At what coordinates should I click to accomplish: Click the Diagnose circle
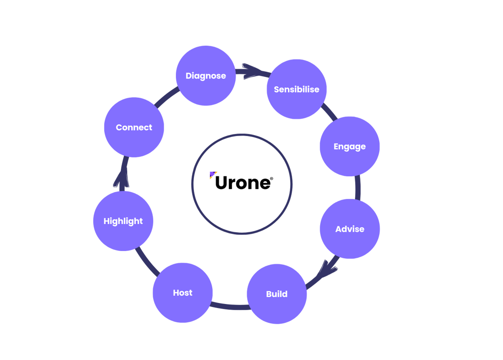pyautogui.click(x=206, y=76)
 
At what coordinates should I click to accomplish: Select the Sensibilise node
pyautogui.click(x=296, y=89)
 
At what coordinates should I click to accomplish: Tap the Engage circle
pyautogui.click(x=349, y=146)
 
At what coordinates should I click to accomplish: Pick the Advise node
pyautogui.click(x=350, y=229)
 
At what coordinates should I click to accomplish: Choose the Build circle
pyautogui.click(x=277, y=294)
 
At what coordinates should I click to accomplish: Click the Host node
pyautogui.click(x=182, y=293)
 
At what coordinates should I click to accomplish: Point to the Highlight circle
pyautogui.click(x=123, y=221)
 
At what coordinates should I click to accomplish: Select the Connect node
pyautogui.click(x=134, y=127)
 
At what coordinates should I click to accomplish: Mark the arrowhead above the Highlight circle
pyautogui.click(x=121, y=179)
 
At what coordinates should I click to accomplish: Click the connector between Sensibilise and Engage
pyautogui.click(x=329, y=112)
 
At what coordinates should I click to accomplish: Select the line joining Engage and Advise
pyautogui.click(x=358, y=188)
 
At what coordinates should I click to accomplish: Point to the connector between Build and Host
pyautogui.click(x=229, y=307)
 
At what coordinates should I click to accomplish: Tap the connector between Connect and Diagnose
pyautogui.click(x=166, y=97)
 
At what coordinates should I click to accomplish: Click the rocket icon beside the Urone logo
pyautogui.click(x=212, y=175)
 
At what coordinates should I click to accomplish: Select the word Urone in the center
pyautogui.click(x=243, y=183)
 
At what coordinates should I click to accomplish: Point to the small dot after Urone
pyautogui.click(x=272, y=179)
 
